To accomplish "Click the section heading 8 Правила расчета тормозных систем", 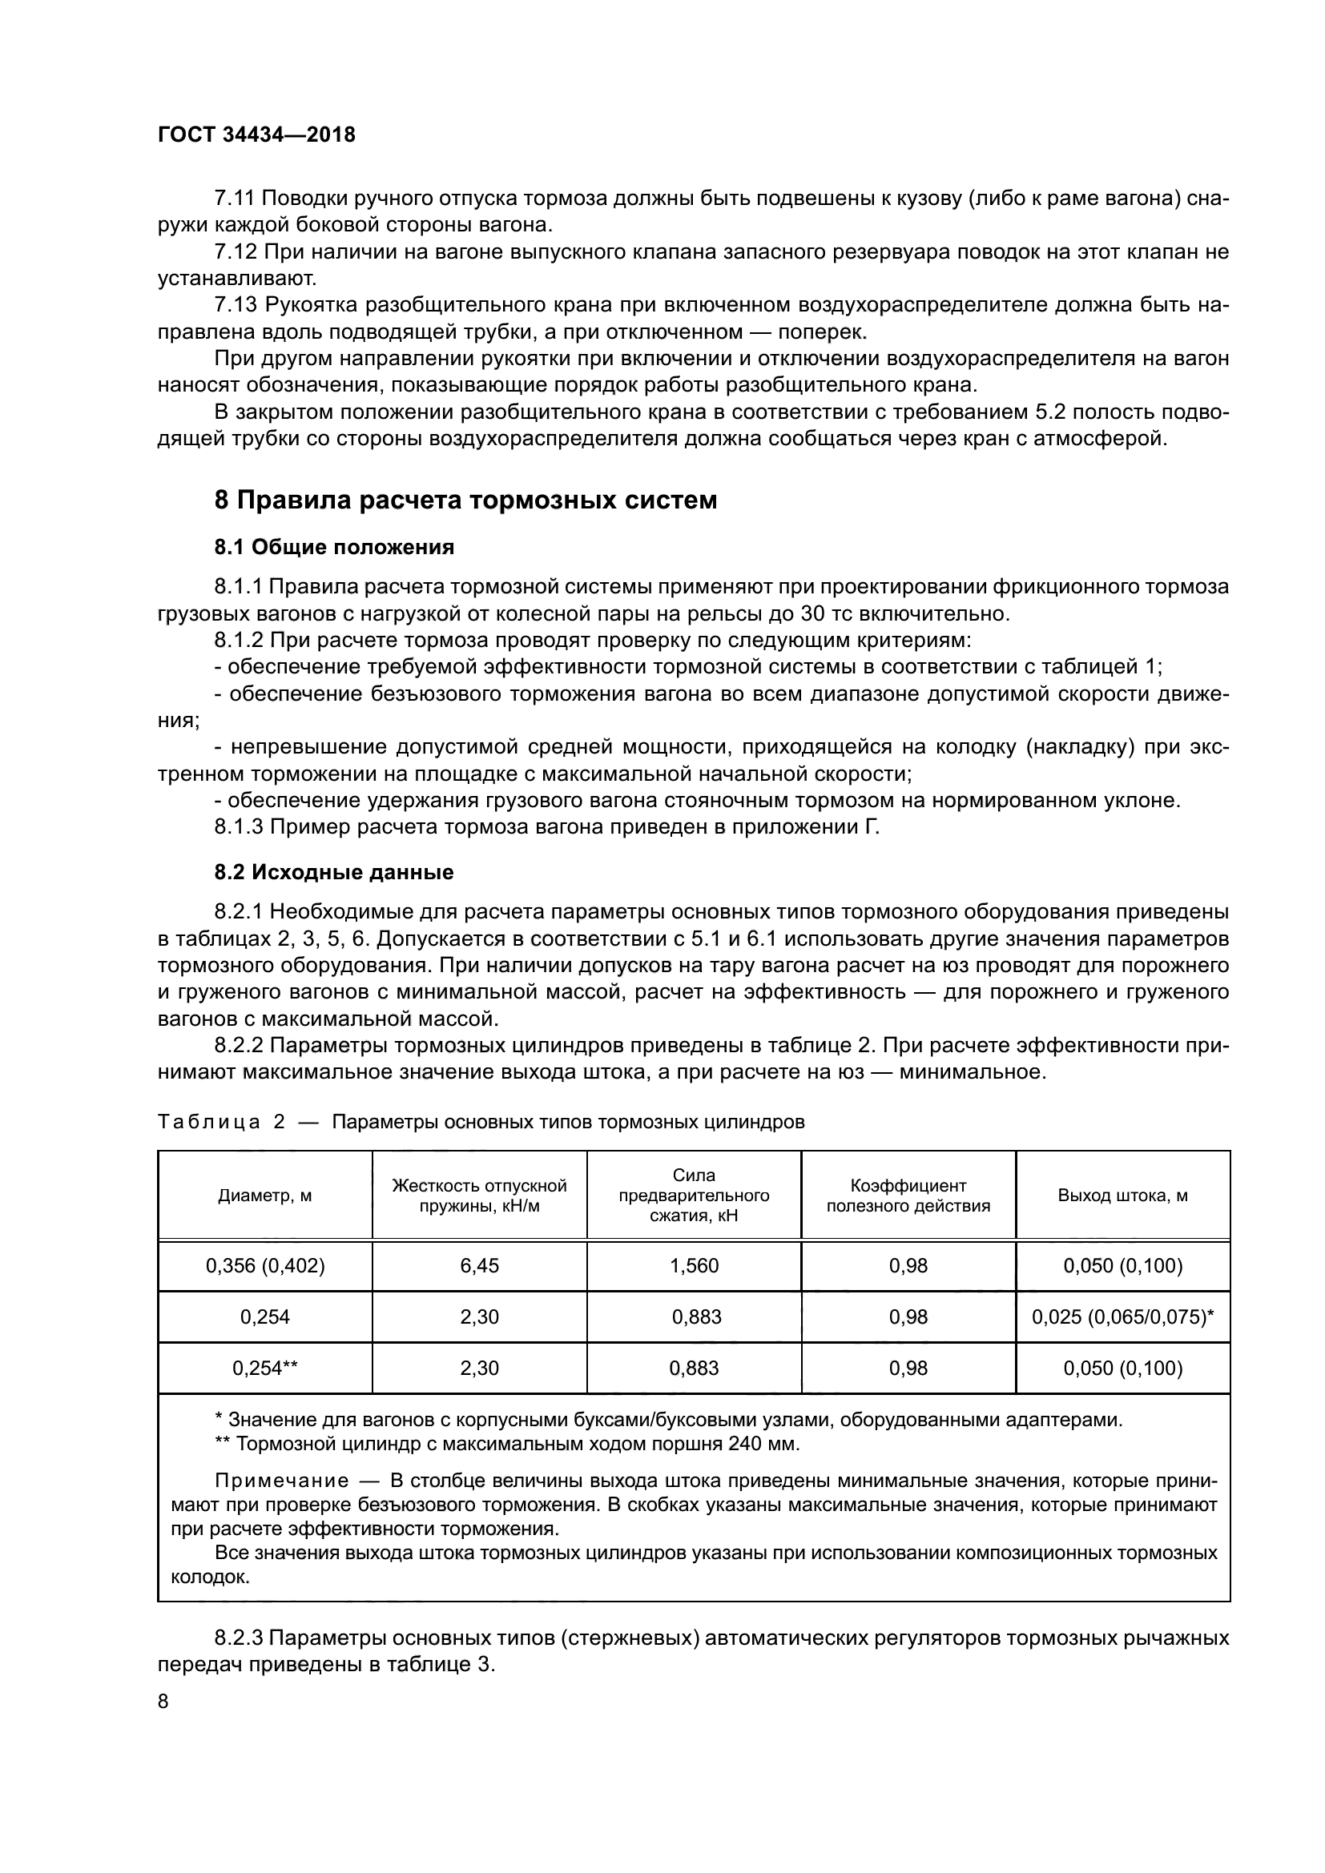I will pyautogui.click(x=465, y=500).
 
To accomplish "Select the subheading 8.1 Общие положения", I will pyautogui.click(x=334, y=548).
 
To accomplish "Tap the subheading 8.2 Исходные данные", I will pyautogui.click(x=334, y=873).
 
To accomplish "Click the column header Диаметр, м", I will pyautogui.click(x=264, y=1196).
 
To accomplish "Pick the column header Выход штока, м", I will pyautogui.click(x=1122, y=1196).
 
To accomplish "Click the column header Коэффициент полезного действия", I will pyautogui.click(x=908, y=1196).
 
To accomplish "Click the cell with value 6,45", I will pyautogui.click(x=479, y=1266).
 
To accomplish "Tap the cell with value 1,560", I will pyautogui.click(x=694, y=1266).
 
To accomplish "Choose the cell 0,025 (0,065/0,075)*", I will pyautogui.click(x=1122, y=1316).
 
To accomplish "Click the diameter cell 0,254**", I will pyautogui.click(x=264, y=1368).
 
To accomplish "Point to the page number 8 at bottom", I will pyautogui.click(x=163, y=1701).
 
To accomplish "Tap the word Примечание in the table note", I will pyautogui.click(x=281, y=1481).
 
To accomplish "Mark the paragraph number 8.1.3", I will pyautogui.click(x=239, y=828).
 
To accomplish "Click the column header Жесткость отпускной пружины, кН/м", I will pyautogui.click(x=479, y=1196).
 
